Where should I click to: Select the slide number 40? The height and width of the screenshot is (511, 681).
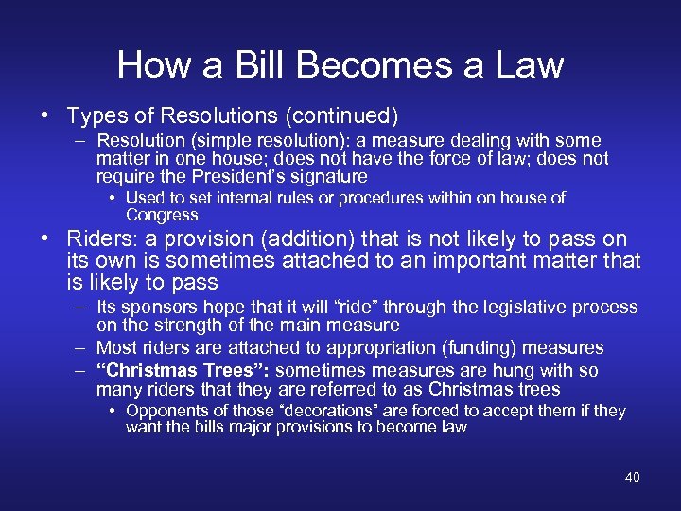(632, 477)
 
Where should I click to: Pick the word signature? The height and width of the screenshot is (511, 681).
(329, 177)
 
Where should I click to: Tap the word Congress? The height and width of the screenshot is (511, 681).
(162, 215)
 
